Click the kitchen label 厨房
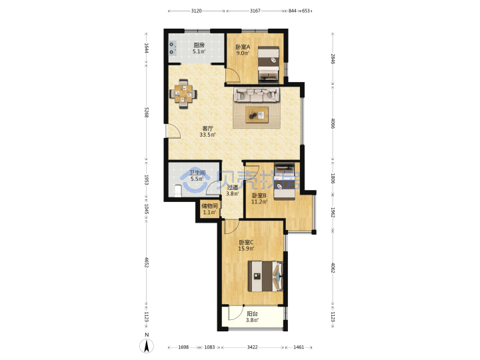click(x=199, y=45)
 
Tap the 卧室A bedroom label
click(x=243, y=47)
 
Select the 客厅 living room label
click(x=207, y=129)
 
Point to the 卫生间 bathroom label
click(x=197, y=173)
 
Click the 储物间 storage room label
click(x=210, y=206)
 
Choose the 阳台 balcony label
click(x=252, y=314)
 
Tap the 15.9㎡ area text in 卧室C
click(x=246, y=249)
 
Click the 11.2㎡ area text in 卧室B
click(x=259, y=202)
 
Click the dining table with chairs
click(x=183, y=94)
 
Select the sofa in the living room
click(x=257, y=95)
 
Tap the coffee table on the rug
click(x=257, y=115)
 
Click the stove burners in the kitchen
click(x=173, y=49)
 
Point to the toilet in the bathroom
click(x=177, y=191)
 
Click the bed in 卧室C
click(x=265, y=276)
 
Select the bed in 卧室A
click(x=269, y=64)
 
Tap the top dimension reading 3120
click(x=196, y=11)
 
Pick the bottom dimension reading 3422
click(x=252, y=347)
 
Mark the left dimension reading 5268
click(x=147, y=113)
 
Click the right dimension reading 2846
click(x=333, y=59)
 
